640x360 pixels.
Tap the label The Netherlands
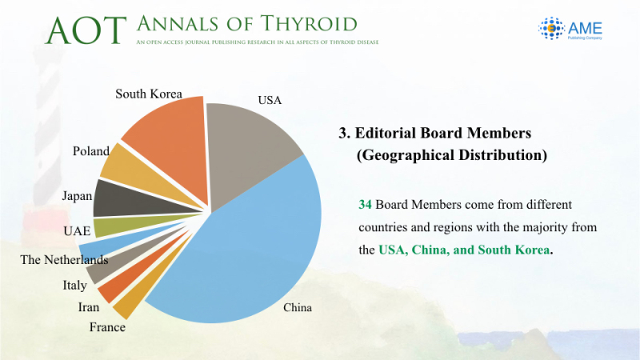(x=65, y=259)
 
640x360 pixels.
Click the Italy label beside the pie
(x=74, y=285)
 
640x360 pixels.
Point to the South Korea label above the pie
(x=149, y=94)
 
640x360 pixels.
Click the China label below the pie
(x=298, y=307)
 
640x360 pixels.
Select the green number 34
(x=365, y=204)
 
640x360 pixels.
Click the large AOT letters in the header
(x=86, y=30)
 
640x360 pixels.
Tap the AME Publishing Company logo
(x=570, y=28)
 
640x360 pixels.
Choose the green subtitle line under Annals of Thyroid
(x=258, y=42)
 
